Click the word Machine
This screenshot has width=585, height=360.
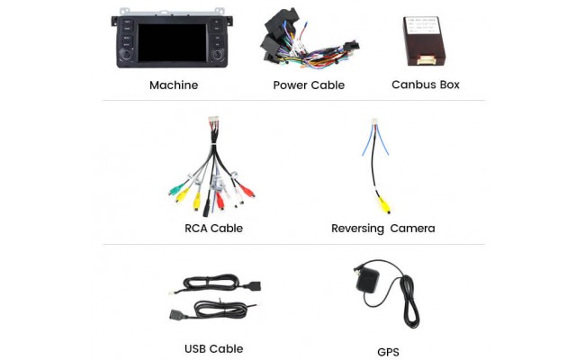[174, 85]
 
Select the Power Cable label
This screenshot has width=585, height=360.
[309, 85]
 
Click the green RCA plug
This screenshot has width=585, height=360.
[176, 191]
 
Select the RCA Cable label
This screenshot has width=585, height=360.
[213, 229]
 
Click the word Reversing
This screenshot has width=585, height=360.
[356, 229]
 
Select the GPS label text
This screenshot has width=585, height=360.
[388, 352]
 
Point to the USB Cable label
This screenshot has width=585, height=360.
[213, 349]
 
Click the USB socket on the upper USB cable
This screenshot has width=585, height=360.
[253, 286]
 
